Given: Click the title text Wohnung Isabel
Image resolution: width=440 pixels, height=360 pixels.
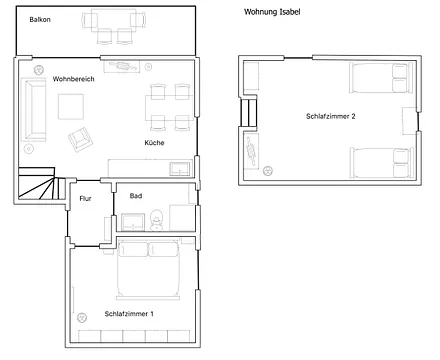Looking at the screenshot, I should pyautogui.click(x=271, y=12).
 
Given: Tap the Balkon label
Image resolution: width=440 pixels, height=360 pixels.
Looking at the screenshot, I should pyautogui.click(x=40, y=20).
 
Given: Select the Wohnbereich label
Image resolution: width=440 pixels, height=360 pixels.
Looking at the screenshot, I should pyautogui.click(x=73, y=79).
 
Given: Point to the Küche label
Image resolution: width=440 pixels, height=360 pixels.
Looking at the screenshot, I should pyautogui.click(x=154, y=143).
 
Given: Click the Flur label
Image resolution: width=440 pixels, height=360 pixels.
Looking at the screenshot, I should pyautogui.click(x=86, y=198).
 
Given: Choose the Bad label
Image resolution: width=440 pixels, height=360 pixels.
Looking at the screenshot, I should pyautogui.click(x=136, y=196).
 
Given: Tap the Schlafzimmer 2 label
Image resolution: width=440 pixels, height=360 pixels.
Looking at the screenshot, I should pyautogui.click(x=331, y=117).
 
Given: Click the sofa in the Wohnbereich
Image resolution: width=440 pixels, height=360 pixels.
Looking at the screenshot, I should pyautogui.click(x=35, y=109).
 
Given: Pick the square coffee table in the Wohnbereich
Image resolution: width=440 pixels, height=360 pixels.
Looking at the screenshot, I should pyautogui.click(x=72, y=106).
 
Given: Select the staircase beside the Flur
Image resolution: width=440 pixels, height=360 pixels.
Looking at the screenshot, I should pyautogui.click(x=40, y=186).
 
